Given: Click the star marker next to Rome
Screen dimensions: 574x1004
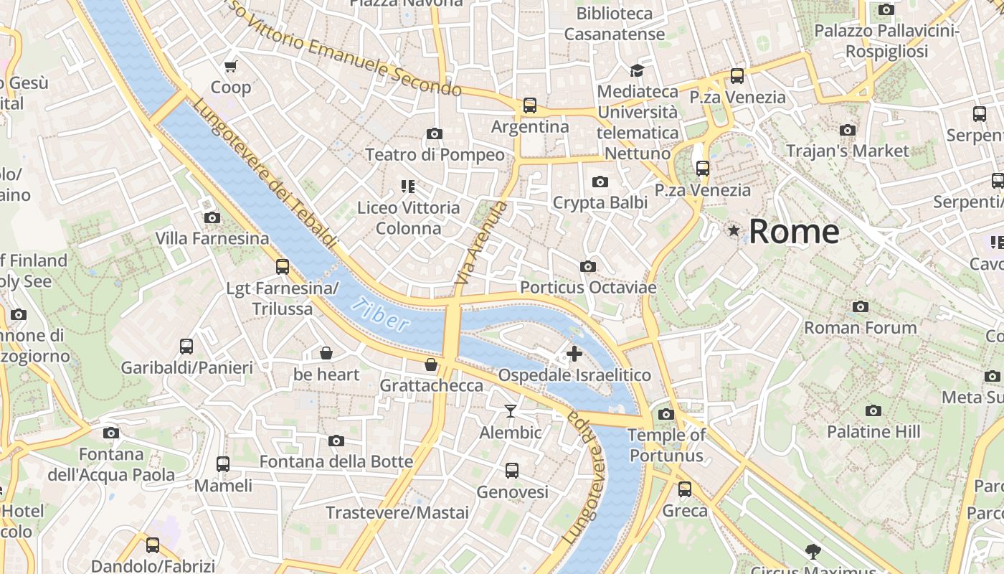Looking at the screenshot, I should point(734,231).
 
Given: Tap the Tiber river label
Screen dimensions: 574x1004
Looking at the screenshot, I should point(381,314).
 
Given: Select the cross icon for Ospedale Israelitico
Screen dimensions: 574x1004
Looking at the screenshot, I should point(574,353).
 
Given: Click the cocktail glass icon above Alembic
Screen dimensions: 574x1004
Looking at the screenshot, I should point(510,411).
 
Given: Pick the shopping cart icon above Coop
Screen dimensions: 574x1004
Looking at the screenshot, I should point(230,67).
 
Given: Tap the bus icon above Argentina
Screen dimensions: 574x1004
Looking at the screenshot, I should point(529,105).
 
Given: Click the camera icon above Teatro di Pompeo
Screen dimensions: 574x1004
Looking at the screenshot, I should point(434,133).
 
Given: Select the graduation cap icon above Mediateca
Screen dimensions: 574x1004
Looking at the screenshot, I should point(637,70).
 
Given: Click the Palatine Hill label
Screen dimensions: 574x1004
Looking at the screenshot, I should point(873,432).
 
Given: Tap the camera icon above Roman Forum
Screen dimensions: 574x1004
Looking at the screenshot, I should point(860,307).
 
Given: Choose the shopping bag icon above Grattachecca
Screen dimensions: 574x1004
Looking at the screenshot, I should point(430,364).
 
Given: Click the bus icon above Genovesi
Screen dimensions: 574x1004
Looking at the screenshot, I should point(511,471).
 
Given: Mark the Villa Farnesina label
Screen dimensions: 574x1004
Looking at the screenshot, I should point(212,238).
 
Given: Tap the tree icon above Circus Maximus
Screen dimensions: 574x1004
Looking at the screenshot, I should point(813,551).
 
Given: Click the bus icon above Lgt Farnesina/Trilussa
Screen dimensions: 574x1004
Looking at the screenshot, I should point(282,267).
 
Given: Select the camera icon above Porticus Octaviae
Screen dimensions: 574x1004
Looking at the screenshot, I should point(587,267).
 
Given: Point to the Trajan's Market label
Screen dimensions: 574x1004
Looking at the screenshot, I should point(847,151).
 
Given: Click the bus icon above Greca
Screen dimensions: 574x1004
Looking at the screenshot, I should point(685,489).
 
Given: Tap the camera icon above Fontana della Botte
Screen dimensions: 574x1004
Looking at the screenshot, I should point(336,441).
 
